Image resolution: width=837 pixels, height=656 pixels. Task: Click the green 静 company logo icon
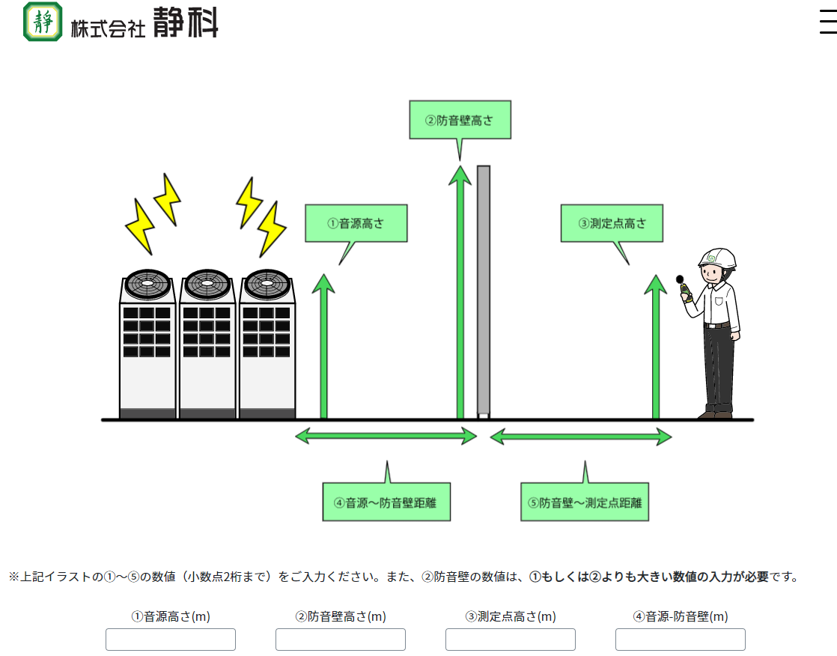pos(43,22)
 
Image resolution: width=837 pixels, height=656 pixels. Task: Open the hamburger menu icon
pos(827,22)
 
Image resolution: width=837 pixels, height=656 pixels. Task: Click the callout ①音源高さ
pos(356,223)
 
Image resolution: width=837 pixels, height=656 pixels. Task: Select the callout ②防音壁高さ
pos(460,120)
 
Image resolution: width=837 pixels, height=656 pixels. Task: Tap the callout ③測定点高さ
pos(612,223)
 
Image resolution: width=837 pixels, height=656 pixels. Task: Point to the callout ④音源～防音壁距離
pos(387,502)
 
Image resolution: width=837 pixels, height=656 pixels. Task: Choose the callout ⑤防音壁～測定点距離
pos(585,502)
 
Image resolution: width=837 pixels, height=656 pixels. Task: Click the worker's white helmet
pos(717,258)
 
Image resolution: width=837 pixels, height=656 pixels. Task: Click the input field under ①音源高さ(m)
pos(171,640)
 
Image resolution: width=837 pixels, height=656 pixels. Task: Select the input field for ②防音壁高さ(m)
pos(341,640)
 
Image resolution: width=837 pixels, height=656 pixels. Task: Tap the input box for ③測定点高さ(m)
pos(511,640)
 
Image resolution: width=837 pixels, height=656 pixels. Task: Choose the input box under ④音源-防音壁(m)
pos(681,640)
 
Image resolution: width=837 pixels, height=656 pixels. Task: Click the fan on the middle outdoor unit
pos(207,284)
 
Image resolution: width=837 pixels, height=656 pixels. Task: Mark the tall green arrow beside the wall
pos(460,292)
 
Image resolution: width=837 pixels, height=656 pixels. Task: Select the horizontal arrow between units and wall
pos(386,435)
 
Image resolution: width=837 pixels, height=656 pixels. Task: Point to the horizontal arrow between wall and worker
pos(581,436)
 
